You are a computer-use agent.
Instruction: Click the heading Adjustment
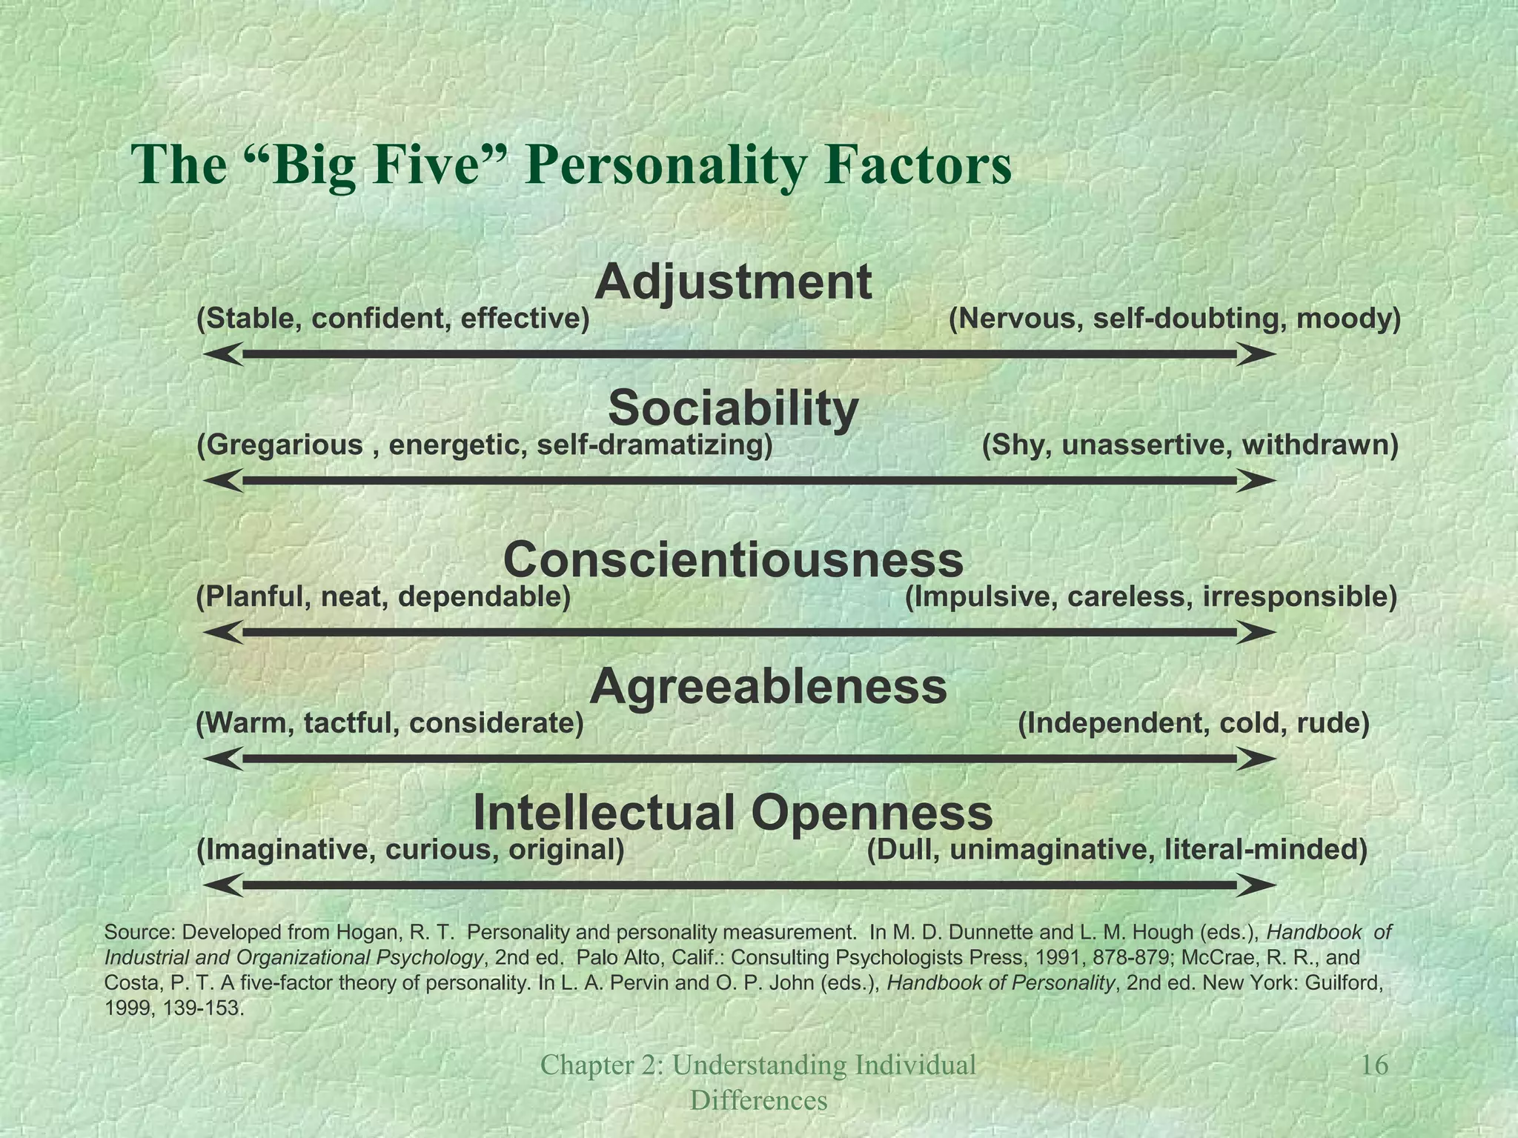pyautogui.click(x=732, y=283)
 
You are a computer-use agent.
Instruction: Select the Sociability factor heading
pyautogui.click(x=733, y=409)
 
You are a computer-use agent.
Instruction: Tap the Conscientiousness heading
pyautogui.click(x=733, y=560)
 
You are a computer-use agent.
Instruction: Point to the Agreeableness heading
pyautogui.click(x=768, y=687)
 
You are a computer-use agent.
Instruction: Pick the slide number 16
pyautogui.click(x=1375, y=1065)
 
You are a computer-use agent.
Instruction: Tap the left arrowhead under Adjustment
pyautogui.click(x=222, y=355)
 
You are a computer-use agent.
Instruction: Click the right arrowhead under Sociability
pyautogui.click(x=1256, y=482)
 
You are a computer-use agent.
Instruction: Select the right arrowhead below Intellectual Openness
pyautogui.click(x=1256, y=885)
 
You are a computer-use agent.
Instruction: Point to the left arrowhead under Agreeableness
pyautogui.click(x=222, y=759)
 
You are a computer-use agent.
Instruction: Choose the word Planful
pyautogui.click(x=251, y=596)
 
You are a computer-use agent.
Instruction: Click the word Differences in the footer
pyautogui.click(x=758, y=1101)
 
